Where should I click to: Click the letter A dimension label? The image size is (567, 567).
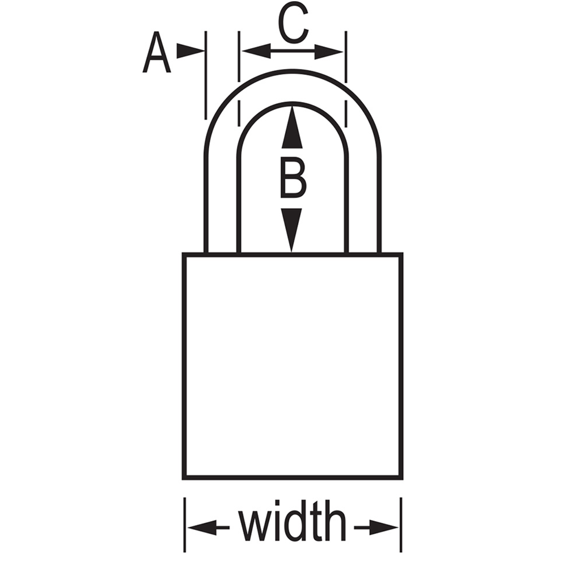(156, 52)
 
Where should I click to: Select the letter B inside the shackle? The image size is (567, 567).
(293, 179)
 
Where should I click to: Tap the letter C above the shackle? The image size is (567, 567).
(293, 23)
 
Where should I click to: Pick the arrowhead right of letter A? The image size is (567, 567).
(191, 51)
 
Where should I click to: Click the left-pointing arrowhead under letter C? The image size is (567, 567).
(256, 51)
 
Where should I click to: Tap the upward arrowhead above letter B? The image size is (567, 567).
(292, 126)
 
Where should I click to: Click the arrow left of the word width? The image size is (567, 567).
(208, 528)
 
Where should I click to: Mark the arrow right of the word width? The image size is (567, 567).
(376, 528)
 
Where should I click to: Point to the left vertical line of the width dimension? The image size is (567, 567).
(185, 524)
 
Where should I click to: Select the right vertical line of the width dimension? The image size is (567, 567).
(401, 524)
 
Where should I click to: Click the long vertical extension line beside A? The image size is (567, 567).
(206, 75)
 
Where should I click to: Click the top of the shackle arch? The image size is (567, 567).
(293, 71)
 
